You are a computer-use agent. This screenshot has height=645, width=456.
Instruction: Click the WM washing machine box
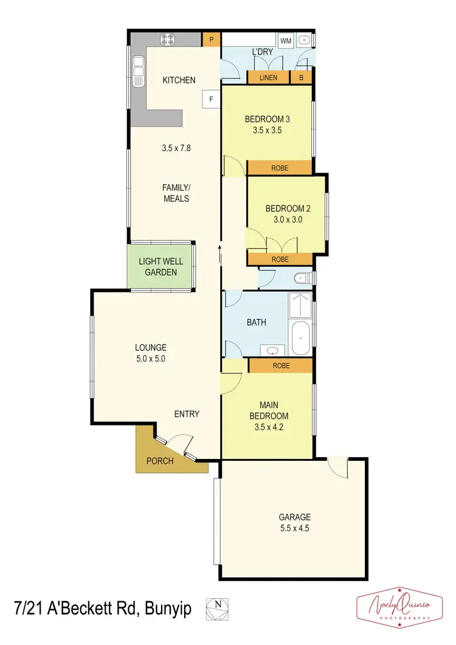click(x=285, y=41)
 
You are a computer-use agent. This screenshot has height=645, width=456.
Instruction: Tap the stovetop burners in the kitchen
click(x=168, y=40)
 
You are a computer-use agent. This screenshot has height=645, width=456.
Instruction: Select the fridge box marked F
click(x=211, y=98)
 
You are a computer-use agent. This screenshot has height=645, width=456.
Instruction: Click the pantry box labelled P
click(x=212, y=40)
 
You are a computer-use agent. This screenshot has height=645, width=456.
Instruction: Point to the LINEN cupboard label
click(x=268, y=78)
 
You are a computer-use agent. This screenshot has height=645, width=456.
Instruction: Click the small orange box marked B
click(x=301, y=78)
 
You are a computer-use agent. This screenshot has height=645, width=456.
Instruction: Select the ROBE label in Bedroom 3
click(x=280, y=168)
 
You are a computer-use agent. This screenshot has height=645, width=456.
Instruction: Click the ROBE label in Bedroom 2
click(x=280, y=259)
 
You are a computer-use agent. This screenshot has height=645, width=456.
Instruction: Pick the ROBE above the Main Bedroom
click(x=280, y=365)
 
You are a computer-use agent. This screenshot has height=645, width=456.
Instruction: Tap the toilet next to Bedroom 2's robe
click(x=301, y=279)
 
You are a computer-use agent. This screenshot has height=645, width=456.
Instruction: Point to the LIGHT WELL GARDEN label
click(x=161, y=267)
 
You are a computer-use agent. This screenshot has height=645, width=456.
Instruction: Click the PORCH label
click(x=160, y=461)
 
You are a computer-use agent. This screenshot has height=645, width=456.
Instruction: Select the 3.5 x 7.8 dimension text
click(x=176, y=148)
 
